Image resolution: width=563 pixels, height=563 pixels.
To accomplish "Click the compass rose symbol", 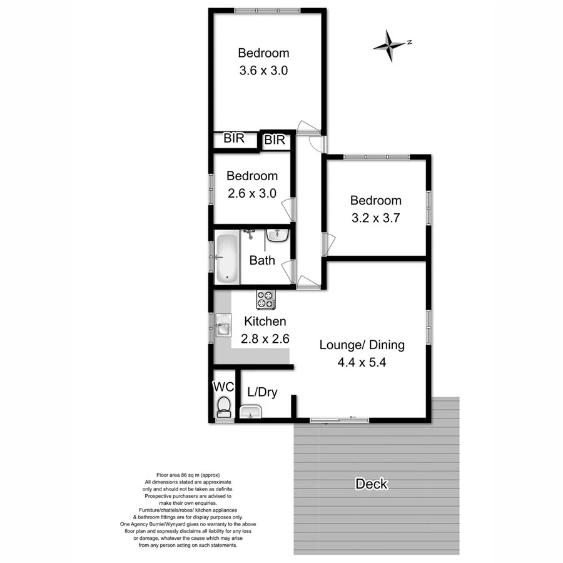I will coord(390,45).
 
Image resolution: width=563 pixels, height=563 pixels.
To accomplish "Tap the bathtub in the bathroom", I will coord(227,256).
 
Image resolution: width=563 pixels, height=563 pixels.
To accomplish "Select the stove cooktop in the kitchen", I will coord(265,300).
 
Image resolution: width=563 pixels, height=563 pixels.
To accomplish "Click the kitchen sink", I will coord(223,326).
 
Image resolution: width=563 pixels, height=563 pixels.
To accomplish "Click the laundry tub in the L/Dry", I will coord(251,412).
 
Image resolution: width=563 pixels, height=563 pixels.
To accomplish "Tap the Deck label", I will coord(372,484).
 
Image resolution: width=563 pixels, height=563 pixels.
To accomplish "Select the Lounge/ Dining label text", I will coord(362,345).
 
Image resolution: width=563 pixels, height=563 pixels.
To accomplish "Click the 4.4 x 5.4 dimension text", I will coord(362,363).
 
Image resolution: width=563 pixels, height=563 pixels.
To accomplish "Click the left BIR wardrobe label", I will coord(234,139).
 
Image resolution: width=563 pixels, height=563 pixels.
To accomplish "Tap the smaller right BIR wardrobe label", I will coord(274,141).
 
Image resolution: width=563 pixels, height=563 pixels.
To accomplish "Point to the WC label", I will coord(223,387).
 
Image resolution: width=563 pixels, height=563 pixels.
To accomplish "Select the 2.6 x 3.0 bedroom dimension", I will coord(251,194).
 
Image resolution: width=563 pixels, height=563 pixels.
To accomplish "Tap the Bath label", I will coord(261,260).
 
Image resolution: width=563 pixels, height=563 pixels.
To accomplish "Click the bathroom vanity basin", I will coord(277,235).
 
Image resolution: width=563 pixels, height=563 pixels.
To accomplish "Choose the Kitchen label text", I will coord(265,322).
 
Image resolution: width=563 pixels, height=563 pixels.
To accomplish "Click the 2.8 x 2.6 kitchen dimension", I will coord(265,340).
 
